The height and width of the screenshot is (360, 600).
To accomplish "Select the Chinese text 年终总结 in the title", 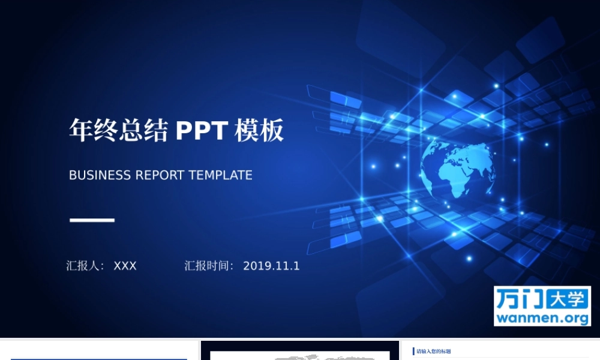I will pyautogui.click(x=118, y=130).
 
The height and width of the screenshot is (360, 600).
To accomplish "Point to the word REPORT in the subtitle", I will pyautogui.click(x=160, y=175).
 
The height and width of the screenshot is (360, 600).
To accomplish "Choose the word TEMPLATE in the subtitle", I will pyautogui.click(x=220, y=175).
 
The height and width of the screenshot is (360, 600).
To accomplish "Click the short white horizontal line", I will pyautogui.click(x=92, y=220).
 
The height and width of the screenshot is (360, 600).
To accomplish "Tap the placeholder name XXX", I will pyautogui.click(x=125, y=266).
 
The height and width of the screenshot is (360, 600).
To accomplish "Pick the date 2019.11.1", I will pyautogui.click(x=271, y=266).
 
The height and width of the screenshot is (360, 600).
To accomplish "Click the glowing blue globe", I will pyautogui.click(x=458, y=169).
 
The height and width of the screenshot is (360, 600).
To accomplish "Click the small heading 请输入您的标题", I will pyautogui.click(x=434, y=351).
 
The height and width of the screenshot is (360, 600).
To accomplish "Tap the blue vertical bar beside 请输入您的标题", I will pyautogui.click(x=413, y=351).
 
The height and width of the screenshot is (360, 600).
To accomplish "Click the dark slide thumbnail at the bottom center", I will pyautogui.click(x=300, y=351).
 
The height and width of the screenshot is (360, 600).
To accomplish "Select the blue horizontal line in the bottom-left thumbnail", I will pyautogui.click(x=99, y=359).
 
